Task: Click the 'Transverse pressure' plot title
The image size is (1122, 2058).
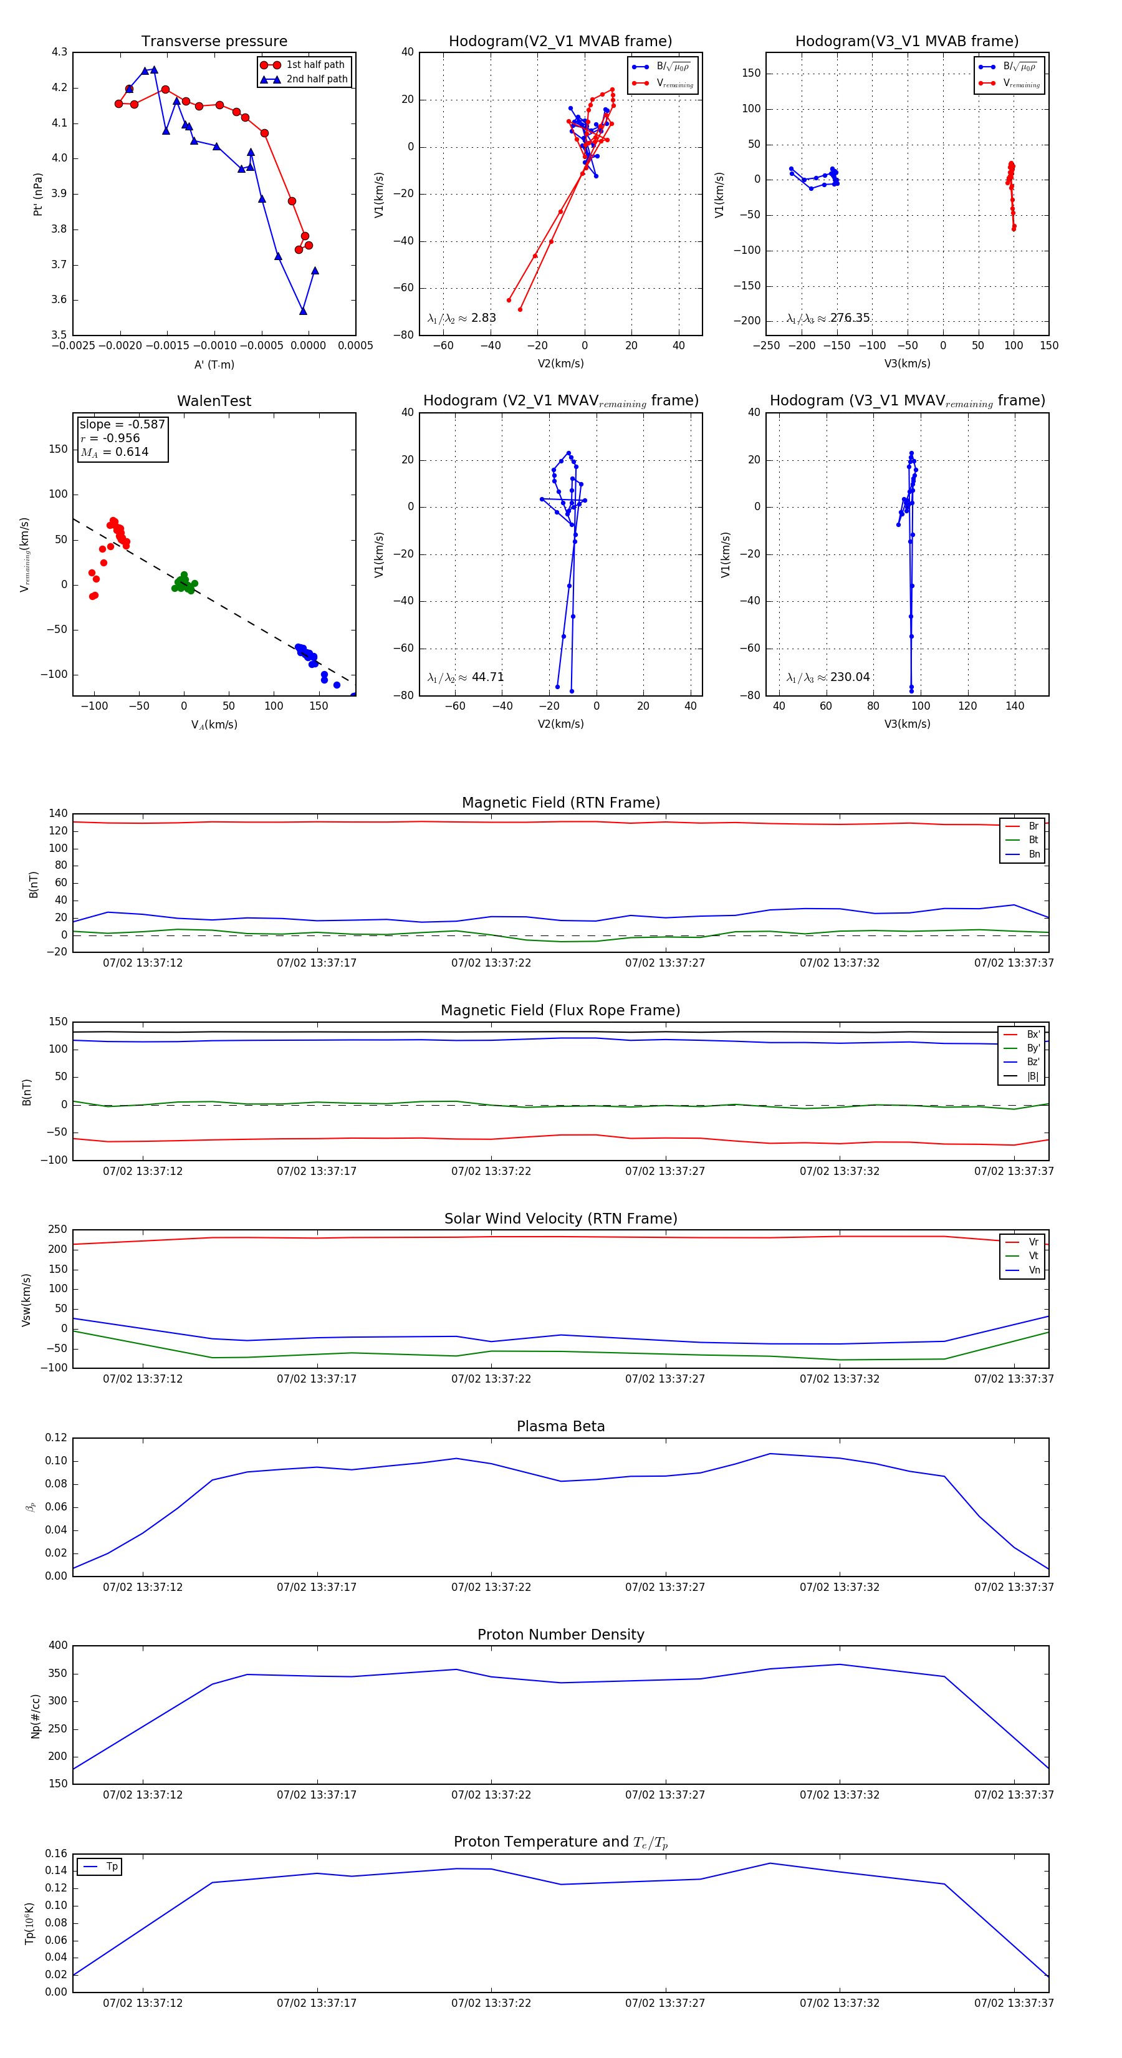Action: [214, 42]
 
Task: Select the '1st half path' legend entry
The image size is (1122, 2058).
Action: [315, 65]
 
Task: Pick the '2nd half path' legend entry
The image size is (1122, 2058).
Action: [316, 79]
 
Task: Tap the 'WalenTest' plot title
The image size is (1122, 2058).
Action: [214, 401]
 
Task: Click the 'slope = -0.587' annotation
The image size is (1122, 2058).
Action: [122, 424]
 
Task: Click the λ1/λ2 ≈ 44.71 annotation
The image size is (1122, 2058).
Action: [466, 677]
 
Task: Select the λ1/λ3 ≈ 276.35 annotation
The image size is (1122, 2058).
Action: [828, 318]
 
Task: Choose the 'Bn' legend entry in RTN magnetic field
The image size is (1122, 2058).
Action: [1033, 854]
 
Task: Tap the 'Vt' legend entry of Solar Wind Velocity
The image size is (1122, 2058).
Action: [1033, 1256]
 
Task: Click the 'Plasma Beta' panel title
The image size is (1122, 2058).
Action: [560, 1426]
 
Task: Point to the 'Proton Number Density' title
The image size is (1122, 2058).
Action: [560, 1635]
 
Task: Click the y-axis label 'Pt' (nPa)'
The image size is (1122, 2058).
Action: [37, 194]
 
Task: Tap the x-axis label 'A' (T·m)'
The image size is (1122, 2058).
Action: [214, 364]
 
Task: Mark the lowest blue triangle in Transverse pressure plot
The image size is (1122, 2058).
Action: [303, 311]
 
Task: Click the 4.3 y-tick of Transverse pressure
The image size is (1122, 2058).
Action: [59, 52]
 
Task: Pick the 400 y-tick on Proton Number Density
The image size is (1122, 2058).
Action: [57, 1646]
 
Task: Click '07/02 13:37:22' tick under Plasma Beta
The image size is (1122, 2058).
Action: [491, 1587]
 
